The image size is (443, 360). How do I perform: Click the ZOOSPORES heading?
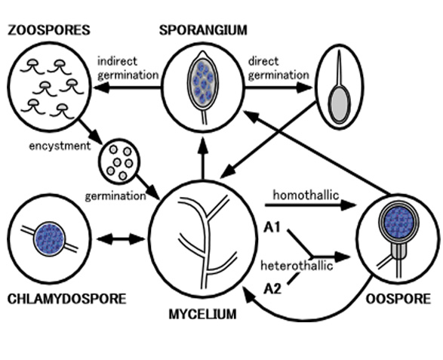pyautogui.click(x=49, y=30)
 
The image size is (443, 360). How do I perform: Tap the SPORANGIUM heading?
pyautogui.click(x=203, y=30)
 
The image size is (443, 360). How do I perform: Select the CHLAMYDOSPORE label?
pyautogui.click(x=66, y=299)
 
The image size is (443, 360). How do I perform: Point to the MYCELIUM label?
pyautogui.click(x=202, y=314)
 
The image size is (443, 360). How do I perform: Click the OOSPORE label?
pyautogui.click(x=398, y=299)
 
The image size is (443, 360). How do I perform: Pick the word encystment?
pyautogui.click(x=60, y=146)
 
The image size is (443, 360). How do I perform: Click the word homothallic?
pyautogui.click(x=306, y=195)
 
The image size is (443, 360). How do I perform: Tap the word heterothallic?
pyautogui.click(x=297, y=266)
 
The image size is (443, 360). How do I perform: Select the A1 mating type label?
pyautogui.click(x=272, y=227)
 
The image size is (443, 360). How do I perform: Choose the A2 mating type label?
pyautogui.click(x=272, y=289)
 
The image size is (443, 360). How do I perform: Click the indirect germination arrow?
pyautogui.click(x=128, y=88)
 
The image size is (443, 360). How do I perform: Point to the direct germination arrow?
pyautogui.click(x=278, y=88)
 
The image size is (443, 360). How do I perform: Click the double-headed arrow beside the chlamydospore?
pyautogui.click(x=121, y=240)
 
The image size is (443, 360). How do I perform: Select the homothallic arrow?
pyautogui.click(x=310, y=205)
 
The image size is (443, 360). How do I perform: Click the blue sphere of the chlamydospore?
pyautogui.click(x=50, y=239)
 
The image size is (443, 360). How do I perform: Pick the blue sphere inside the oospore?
pyautogui.click(x=399, y=223)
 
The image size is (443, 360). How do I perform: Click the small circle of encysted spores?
pyautogui.click(x=119, y=162)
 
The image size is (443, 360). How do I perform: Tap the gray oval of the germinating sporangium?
pyautogui.click(x=340, y=104)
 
